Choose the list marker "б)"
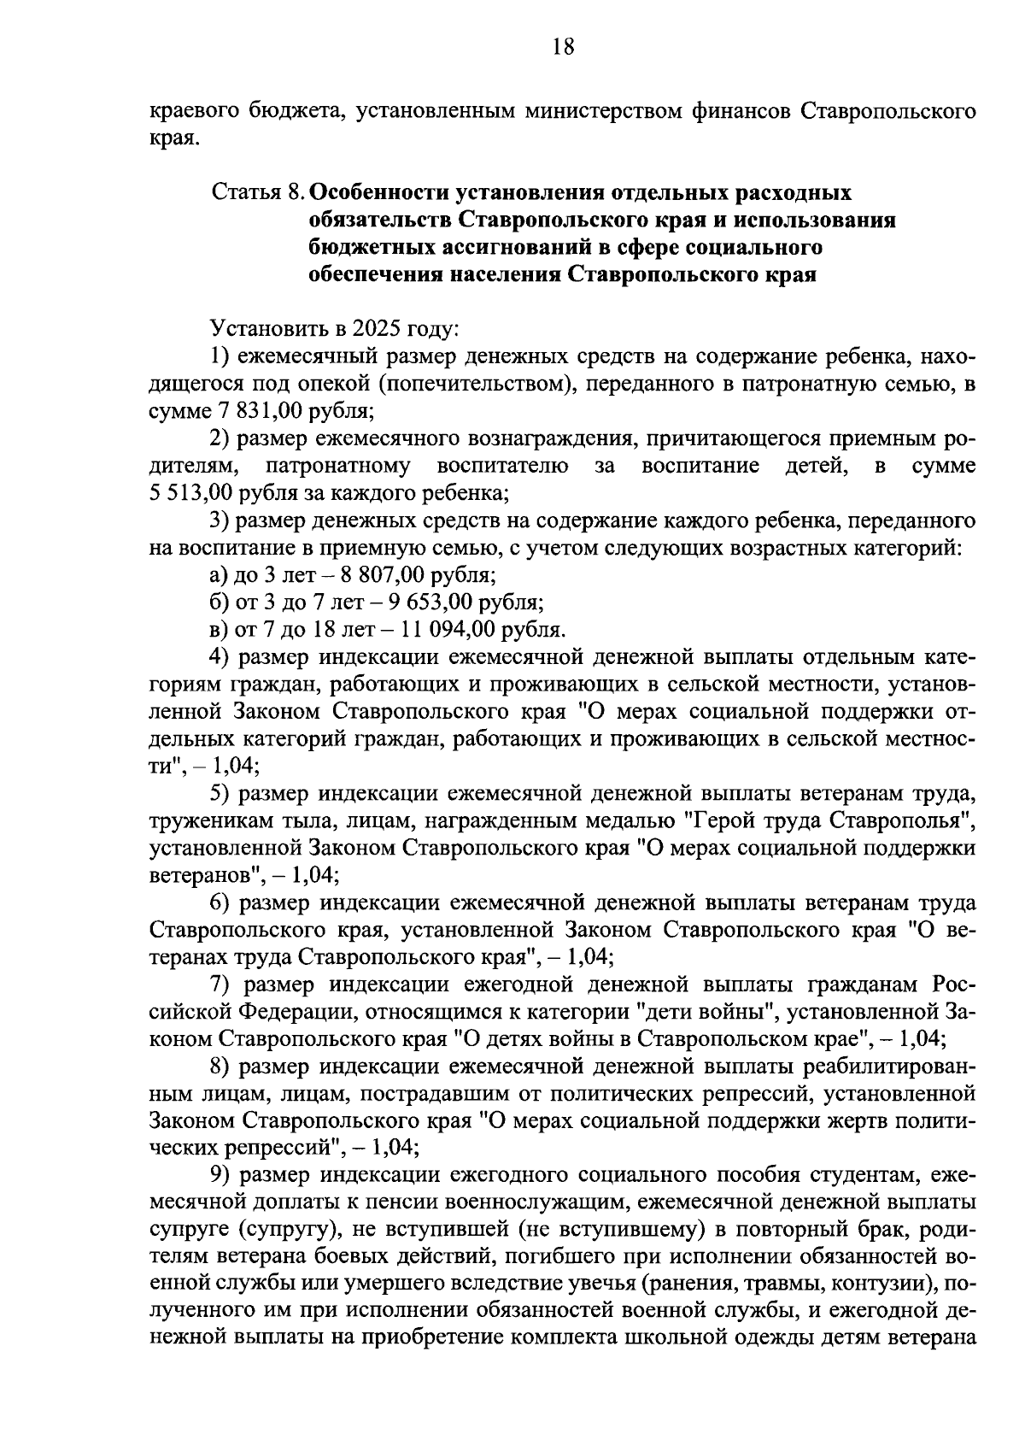(x=220, y=602)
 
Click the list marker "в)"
(x=220, y=630)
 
